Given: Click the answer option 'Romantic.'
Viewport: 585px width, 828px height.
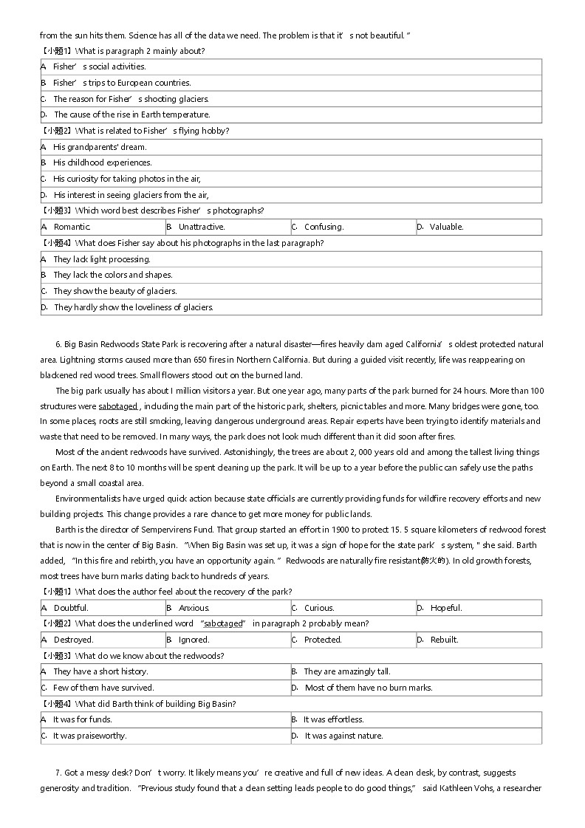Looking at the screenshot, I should click(x=72, y=227).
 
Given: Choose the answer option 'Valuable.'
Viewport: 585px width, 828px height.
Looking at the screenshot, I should click(x=446, y=227).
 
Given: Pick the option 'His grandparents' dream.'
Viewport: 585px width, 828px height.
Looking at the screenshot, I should click(x=100, y=147).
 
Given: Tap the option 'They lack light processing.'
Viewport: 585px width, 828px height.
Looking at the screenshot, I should click(x=101, y=259).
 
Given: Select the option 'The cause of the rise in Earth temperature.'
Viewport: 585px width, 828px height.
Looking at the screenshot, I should click(x=131, y=114).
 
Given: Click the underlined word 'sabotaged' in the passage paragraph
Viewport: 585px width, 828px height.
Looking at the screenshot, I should click(x=118, y=406).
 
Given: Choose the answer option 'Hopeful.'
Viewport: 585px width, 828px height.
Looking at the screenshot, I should click(x=445, y=608).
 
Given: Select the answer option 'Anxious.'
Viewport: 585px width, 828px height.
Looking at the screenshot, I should click(x=194, y=608).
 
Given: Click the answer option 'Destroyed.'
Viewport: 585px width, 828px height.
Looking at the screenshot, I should click(x=73, y=640).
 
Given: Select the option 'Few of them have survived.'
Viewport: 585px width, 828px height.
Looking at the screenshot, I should click(x=103, y=688).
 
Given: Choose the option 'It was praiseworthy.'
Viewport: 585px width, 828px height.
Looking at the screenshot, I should click(x=89, y=736).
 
